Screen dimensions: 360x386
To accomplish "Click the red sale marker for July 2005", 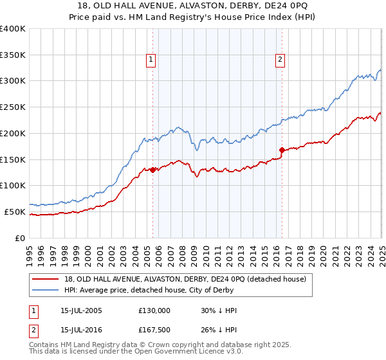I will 153,170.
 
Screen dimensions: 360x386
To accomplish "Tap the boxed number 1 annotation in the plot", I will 151,60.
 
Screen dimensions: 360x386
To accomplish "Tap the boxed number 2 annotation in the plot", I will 280,60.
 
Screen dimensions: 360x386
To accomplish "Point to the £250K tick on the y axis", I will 13,107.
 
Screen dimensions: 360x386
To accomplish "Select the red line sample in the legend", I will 45,278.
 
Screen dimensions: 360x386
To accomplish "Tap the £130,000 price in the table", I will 154,310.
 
